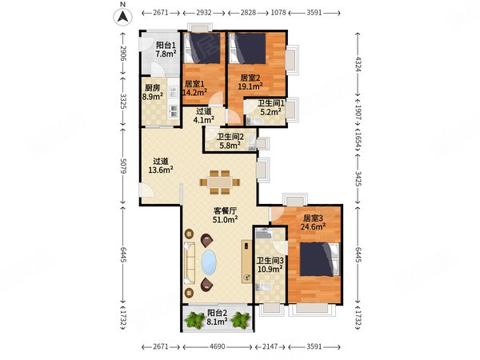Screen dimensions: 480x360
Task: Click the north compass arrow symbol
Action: (122, 16)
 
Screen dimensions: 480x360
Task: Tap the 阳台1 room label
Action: (166, 46)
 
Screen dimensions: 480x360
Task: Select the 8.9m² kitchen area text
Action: (152, 97)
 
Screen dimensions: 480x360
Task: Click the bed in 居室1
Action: (202, 48)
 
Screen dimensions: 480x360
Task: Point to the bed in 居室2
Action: (248, 48)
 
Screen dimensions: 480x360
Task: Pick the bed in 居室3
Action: (319, 259)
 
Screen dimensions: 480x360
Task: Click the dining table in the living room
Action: (220, 182)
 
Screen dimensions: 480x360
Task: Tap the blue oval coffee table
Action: (209, 262)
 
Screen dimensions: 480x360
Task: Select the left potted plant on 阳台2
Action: (194, 320)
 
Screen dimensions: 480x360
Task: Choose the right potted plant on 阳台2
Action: (240, 320)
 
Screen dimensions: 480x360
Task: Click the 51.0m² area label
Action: (226, 219)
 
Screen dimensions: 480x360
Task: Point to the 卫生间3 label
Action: (270, 261)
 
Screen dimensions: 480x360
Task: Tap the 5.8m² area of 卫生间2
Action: (230, 146)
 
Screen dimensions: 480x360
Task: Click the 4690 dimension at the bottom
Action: (218, 346)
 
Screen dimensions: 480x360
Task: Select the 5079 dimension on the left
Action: (123, 166)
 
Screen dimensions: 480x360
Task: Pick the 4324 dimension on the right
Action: (358, 63)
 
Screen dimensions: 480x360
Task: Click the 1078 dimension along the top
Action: (278, 13)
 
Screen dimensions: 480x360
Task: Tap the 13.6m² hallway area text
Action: (161, 170)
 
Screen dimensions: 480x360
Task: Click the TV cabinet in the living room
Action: (246, 262)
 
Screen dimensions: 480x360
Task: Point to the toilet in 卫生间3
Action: (263, 287)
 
